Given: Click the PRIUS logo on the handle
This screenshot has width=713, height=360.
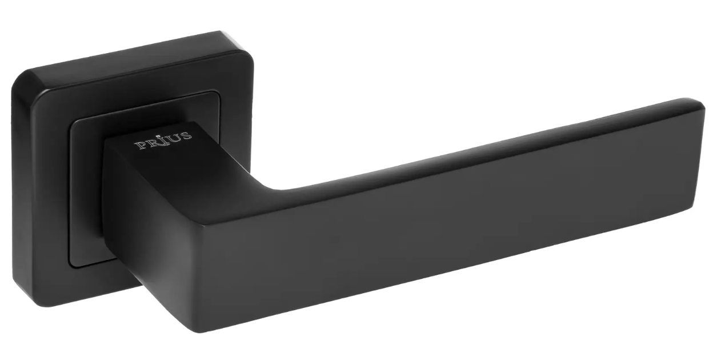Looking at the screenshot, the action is [x=163, y=141].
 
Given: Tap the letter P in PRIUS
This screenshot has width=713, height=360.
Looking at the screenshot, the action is [x=141, y=145].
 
